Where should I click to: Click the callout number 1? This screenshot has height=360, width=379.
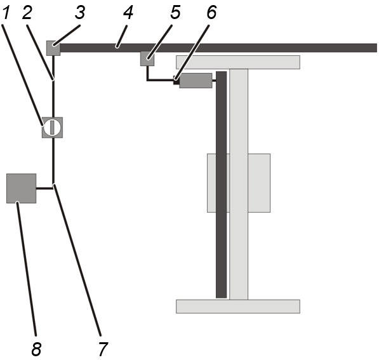[6, 13]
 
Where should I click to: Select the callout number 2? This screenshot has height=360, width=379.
[27, 13]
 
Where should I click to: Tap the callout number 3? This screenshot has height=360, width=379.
[80, 13]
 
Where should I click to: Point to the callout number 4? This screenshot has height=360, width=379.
[128, 13]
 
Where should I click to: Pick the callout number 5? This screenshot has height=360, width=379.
[175, 13]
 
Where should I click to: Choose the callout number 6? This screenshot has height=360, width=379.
[211, 13]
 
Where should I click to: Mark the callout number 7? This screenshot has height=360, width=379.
[103, 349]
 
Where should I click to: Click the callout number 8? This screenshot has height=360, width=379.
[36, 349]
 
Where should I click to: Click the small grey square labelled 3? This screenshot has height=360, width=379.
[53, 48]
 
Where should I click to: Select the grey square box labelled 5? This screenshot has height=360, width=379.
[147, 58]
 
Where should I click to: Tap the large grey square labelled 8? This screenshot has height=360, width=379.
[22, 189]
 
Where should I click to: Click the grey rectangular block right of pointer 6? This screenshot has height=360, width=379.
[196, 81]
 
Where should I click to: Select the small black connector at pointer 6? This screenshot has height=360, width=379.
[176, 81]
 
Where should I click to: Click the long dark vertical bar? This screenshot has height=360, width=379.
[221, 185]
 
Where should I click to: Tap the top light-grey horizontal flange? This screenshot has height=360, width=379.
[238, 62]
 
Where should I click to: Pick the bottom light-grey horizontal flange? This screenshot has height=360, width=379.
[238, 307]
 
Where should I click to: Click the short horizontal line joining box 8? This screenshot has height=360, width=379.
[44, 189]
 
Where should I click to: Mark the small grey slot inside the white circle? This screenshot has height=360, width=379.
[52, 128]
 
